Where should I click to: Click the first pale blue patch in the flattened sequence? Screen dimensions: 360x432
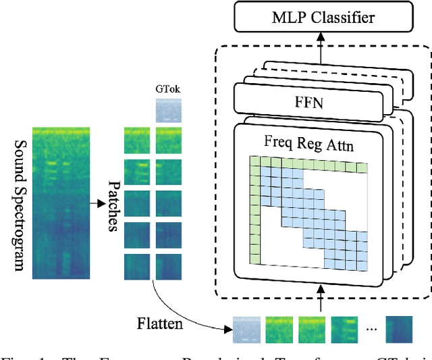[x=245, y=329]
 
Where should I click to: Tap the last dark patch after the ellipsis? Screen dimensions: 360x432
[x=399, y=329]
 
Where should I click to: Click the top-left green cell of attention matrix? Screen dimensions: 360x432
[x=254, y=161]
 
